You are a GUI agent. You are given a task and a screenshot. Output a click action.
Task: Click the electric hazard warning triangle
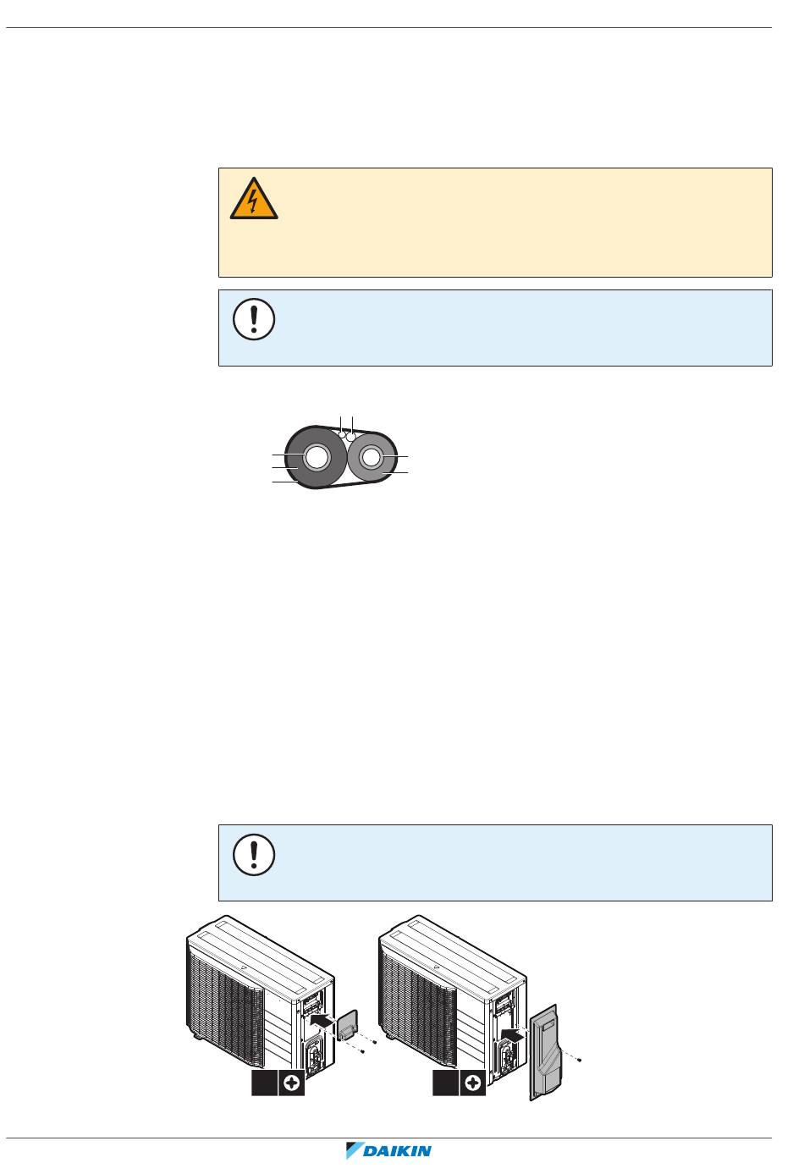click(254, 199)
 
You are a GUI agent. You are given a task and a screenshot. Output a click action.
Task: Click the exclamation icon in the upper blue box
click(254, 319)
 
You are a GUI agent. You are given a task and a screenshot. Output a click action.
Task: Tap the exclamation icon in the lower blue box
click(254, 855)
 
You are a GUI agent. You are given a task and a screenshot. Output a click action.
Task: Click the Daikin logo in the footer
click(388, 1150)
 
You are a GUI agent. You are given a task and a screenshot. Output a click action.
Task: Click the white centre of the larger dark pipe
click(317, 458)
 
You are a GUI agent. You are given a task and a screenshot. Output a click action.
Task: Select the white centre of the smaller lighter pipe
click(371, 457)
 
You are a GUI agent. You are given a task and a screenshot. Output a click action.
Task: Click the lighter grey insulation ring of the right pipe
click(387, 468)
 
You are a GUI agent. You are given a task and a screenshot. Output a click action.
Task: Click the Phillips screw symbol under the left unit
click(291, 1083)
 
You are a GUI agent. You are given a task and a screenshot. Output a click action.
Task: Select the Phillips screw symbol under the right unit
click(473, 1083)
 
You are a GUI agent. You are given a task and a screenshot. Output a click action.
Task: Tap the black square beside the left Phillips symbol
click(264, 1083)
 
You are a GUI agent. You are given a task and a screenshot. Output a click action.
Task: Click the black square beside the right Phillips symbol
click(445, 1083)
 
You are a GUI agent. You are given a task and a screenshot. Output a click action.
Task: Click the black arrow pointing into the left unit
click(322, 1019)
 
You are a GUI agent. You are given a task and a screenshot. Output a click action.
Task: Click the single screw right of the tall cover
click(579, 1061)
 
